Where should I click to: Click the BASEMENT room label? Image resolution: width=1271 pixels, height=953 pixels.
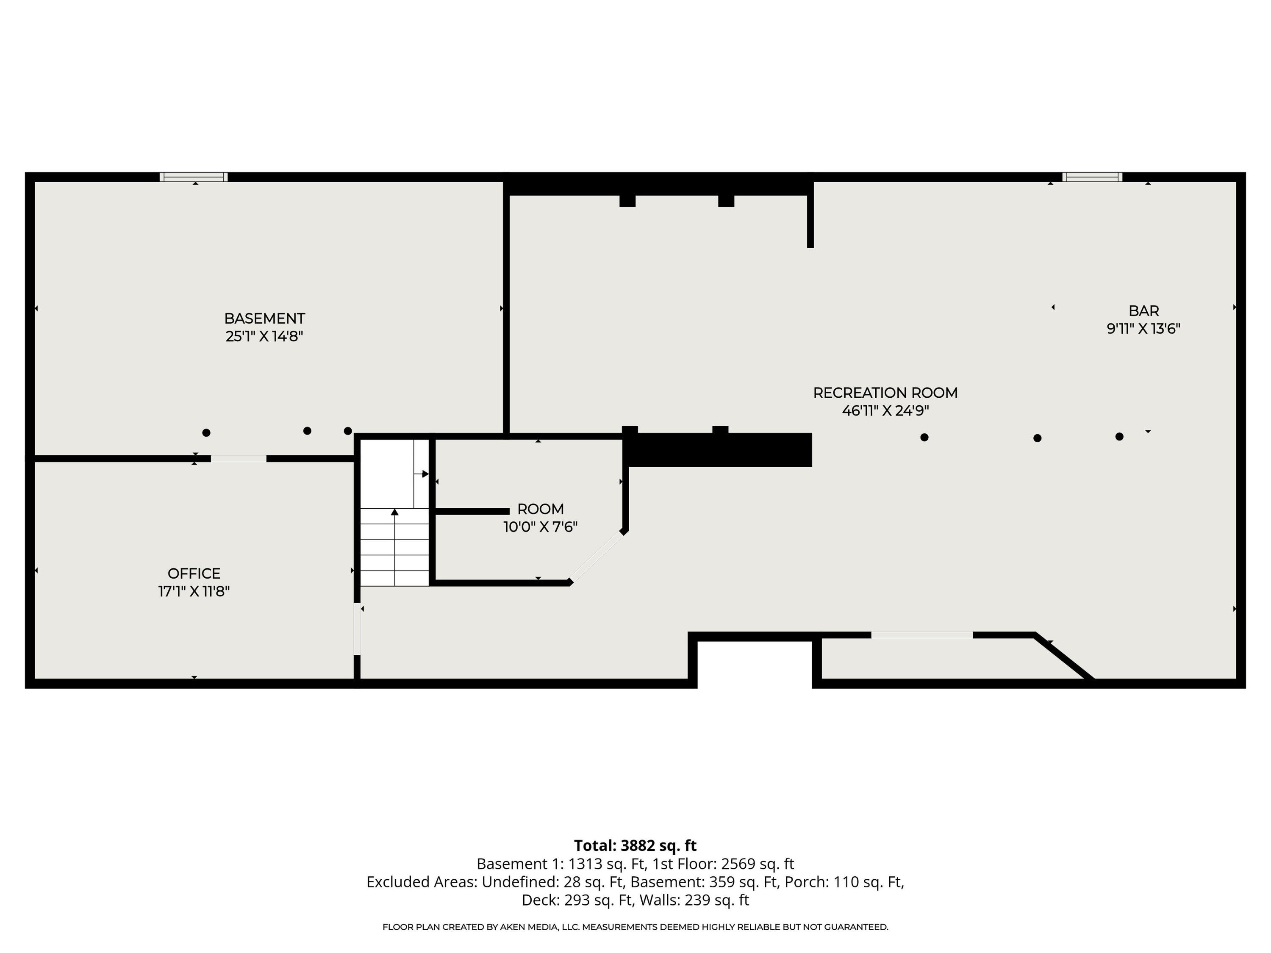[264, 318]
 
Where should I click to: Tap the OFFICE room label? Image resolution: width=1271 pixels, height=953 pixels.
[194, 573]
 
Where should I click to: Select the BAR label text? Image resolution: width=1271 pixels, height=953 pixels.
[1143, 311]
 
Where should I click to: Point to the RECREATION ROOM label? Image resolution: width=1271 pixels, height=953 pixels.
[885, 393]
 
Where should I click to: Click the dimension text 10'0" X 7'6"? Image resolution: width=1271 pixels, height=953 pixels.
[540, 527]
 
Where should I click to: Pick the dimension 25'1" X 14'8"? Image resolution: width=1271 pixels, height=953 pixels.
[264, 336]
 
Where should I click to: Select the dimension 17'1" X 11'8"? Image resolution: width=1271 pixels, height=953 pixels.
[194, 591]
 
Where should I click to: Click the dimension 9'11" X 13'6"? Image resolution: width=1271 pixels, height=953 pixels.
[1143, 329]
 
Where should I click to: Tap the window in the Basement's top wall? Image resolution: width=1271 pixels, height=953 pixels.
[194, 177]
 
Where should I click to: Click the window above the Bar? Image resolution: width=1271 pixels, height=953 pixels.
[1092, 177]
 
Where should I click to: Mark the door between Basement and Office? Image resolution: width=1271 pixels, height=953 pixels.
[239, 458]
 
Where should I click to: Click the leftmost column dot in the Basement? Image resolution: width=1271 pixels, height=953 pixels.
[206, 432]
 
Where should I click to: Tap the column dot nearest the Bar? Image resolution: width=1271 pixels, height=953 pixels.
[1119, 437]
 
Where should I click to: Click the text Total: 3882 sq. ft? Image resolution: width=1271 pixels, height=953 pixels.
[635, 845]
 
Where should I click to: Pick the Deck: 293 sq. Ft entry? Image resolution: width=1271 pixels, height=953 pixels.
[576, 900]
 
